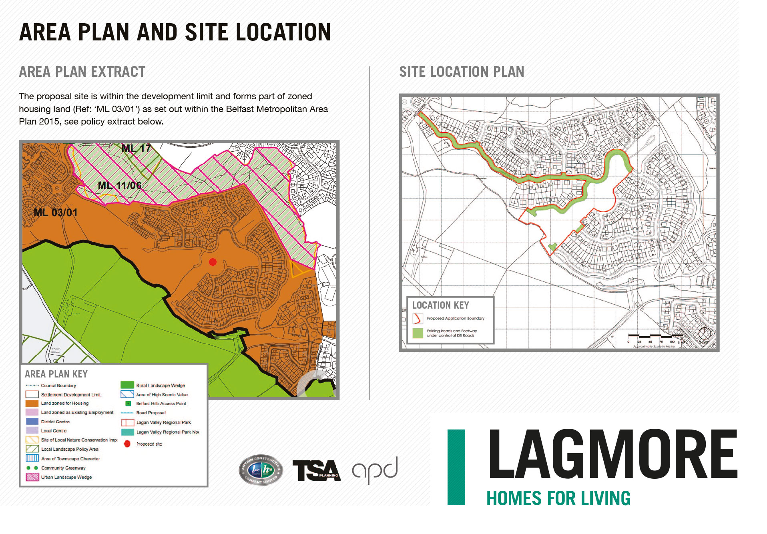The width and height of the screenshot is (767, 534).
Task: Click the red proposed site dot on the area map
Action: click(x=213, y=262)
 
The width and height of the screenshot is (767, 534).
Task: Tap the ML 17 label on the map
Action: click(x=136, y=149)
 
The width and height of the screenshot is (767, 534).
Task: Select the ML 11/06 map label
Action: click(x=119, y=185)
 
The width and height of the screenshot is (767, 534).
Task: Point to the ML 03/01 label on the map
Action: click(x=55, y=213)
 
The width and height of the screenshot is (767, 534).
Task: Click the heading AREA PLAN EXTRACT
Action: click(x=82, y=72)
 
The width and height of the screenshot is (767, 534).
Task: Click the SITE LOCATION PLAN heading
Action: click(x=462, y=72)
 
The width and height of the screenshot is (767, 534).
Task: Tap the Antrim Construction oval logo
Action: click(x=261, y=470)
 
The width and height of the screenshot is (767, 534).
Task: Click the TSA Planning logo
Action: click(x=316, y=470)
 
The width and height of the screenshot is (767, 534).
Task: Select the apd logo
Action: click(x=375, y=470)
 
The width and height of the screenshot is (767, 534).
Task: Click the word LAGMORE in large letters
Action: click(x=612, y=455)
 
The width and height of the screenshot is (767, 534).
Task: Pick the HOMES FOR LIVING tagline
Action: click(x=558, y=498)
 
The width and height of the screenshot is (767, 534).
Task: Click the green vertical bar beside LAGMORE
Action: click(x=456, y=467)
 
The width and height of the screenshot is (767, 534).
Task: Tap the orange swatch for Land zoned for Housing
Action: click(x=32, y=403)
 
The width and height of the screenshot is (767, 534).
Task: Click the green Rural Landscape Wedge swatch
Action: click(x=127, y=385)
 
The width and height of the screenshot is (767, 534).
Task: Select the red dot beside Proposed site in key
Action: click(x=127, y=444)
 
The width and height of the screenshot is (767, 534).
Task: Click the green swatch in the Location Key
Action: click(x=418, y=333)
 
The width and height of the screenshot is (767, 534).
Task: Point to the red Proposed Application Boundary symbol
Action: click(x=417, y=318)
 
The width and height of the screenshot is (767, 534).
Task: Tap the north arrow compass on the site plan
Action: click(x=705, y=333)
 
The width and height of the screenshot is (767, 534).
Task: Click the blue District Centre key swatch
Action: click(x=32, y=421)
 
